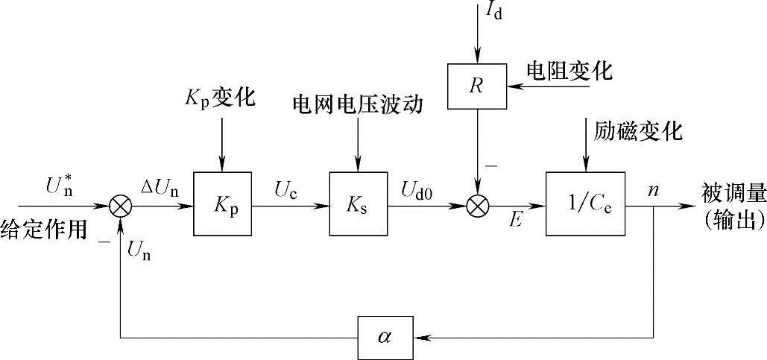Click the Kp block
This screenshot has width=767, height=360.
[x=222, y=203]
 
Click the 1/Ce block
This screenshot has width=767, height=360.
[x=584, y=203]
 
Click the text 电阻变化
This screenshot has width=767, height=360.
[x=569, y=72]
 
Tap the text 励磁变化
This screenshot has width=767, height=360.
[x=638, y=131]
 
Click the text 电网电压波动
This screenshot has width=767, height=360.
[x=358, y=105]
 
